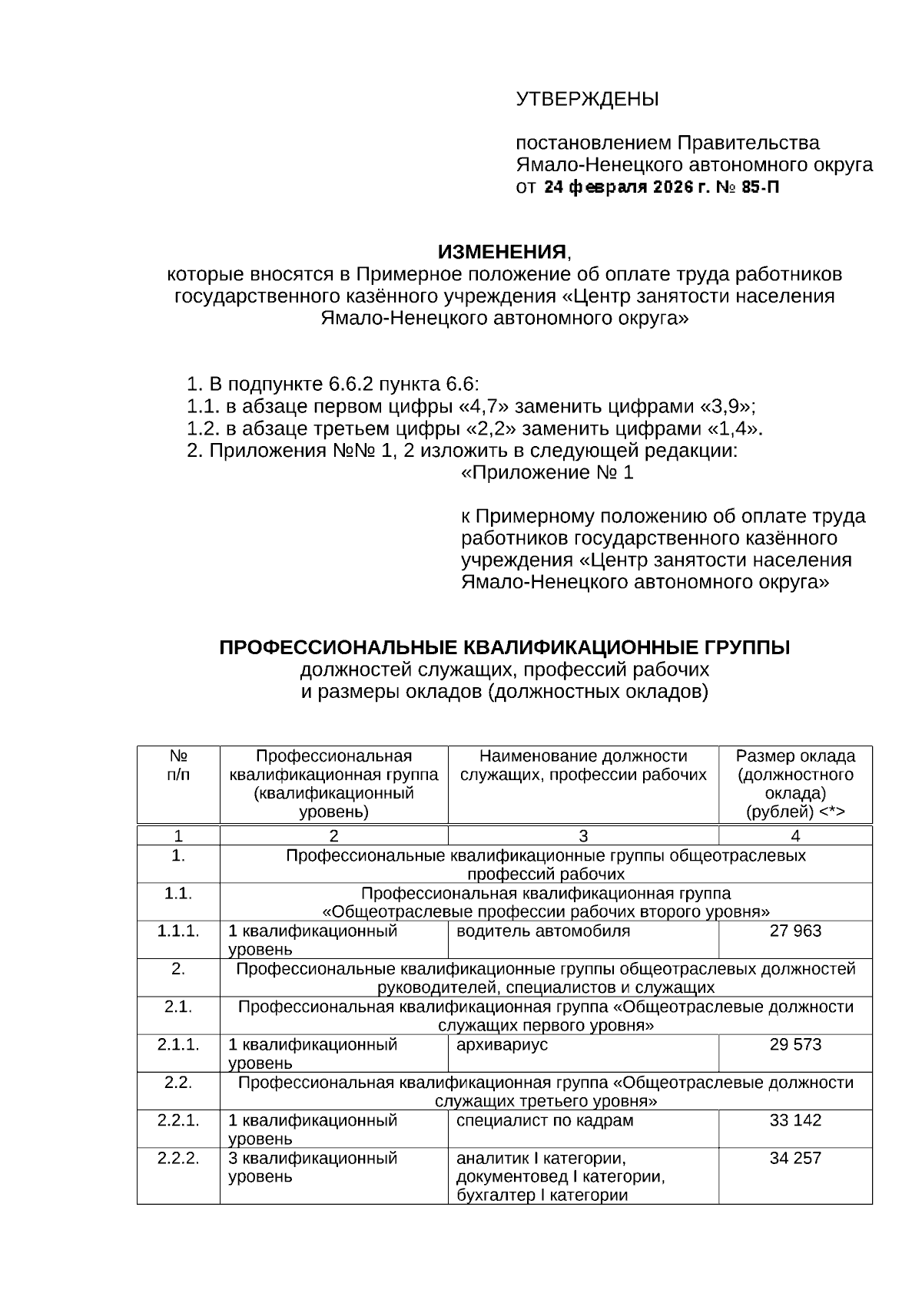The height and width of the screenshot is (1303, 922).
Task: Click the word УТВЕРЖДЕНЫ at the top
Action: [587, 100]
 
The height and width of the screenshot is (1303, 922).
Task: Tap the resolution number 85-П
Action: [761, 187]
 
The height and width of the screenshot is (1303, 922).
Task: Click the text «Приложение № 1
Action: [547, 473]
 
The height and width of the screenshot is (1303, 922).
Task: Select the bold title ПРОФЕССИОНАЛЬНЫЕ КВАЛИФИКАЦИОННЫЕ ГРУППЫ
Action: [505, 648]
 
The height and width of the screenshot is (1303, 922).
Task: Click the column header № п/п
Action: [178, 766]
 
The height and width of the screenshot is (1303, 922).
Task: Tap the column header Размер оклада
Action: [795, 756]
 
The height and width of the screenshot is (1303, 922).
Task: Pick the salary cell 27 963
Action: [795, 931]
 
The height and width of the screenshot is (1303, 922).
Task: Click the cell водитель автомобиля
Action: [542, 931]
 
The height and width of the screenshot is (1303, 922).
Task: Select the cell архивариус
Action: [502, 1045]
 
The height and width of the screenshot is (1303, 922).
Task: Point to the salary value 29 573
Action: [795, 1045]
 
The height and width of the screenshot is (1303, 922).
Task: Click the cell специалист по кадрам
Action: [545, 1120]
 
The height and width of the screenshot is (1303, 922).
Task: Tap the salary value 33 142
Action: [795, 1120]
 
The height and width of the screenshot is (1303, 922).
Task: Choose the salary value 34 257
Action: [795, 1158]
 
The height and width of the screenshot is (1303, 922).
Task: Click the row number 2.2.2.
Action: [178, 1158]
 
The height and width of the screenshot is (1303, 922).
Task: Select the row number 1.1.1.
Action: [178, 931]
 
